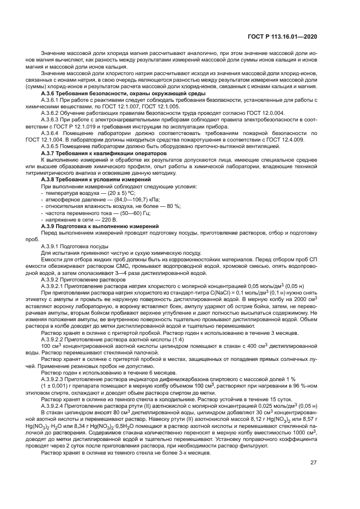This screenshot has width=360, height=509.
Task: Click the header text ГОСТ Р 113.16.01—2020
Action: click(x=289, y=36)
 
